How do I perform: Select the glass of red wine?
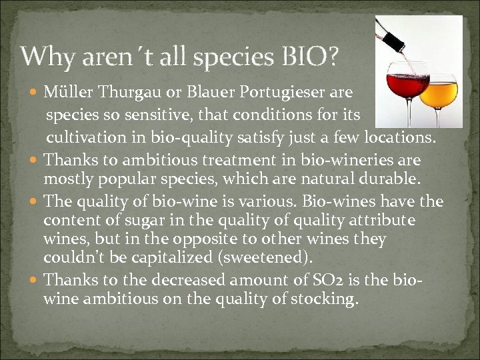(407, 90)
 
